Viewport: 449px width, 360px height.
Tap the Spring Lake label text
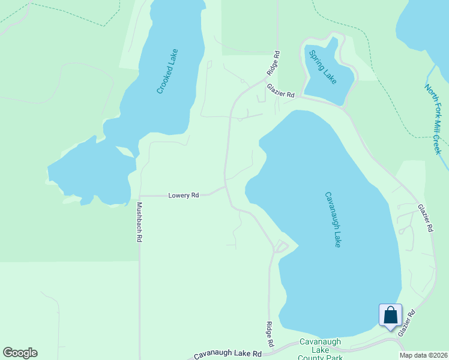pyautogui.click(x=323, y=67)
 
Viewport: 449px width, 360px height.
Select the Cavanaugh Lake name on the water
pyautogui.click(x=333, y=220)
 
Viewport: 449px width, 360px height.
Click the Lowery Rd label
pyautogui.click(x=183, y=195)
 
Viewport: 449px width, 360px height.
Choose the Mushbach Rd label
pyautogui.click(x=139, y=221)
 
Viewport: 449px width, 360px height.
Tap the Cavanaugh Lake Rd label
pyautogui.click(x=228, y=355)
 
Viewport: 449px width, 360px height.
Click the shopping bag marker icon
pyautogui.click(x=390, y=315)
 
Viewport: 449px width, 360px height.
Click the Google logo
pyautogui.click(x=20, y=353)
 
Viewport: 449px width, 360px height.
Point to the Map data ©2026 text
pyautogui.click(x=423, y=355)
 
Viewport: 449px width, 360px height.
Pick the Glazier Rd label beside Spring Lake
pyautogui.click(x=281, y=91)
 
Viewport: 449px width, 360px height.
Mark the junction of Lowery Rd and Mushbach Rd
pyautogui.click(x=139, y=196)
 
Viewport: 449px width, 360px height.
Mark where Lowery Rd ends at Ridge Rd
pyautogui.click(x=225, y=187)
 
